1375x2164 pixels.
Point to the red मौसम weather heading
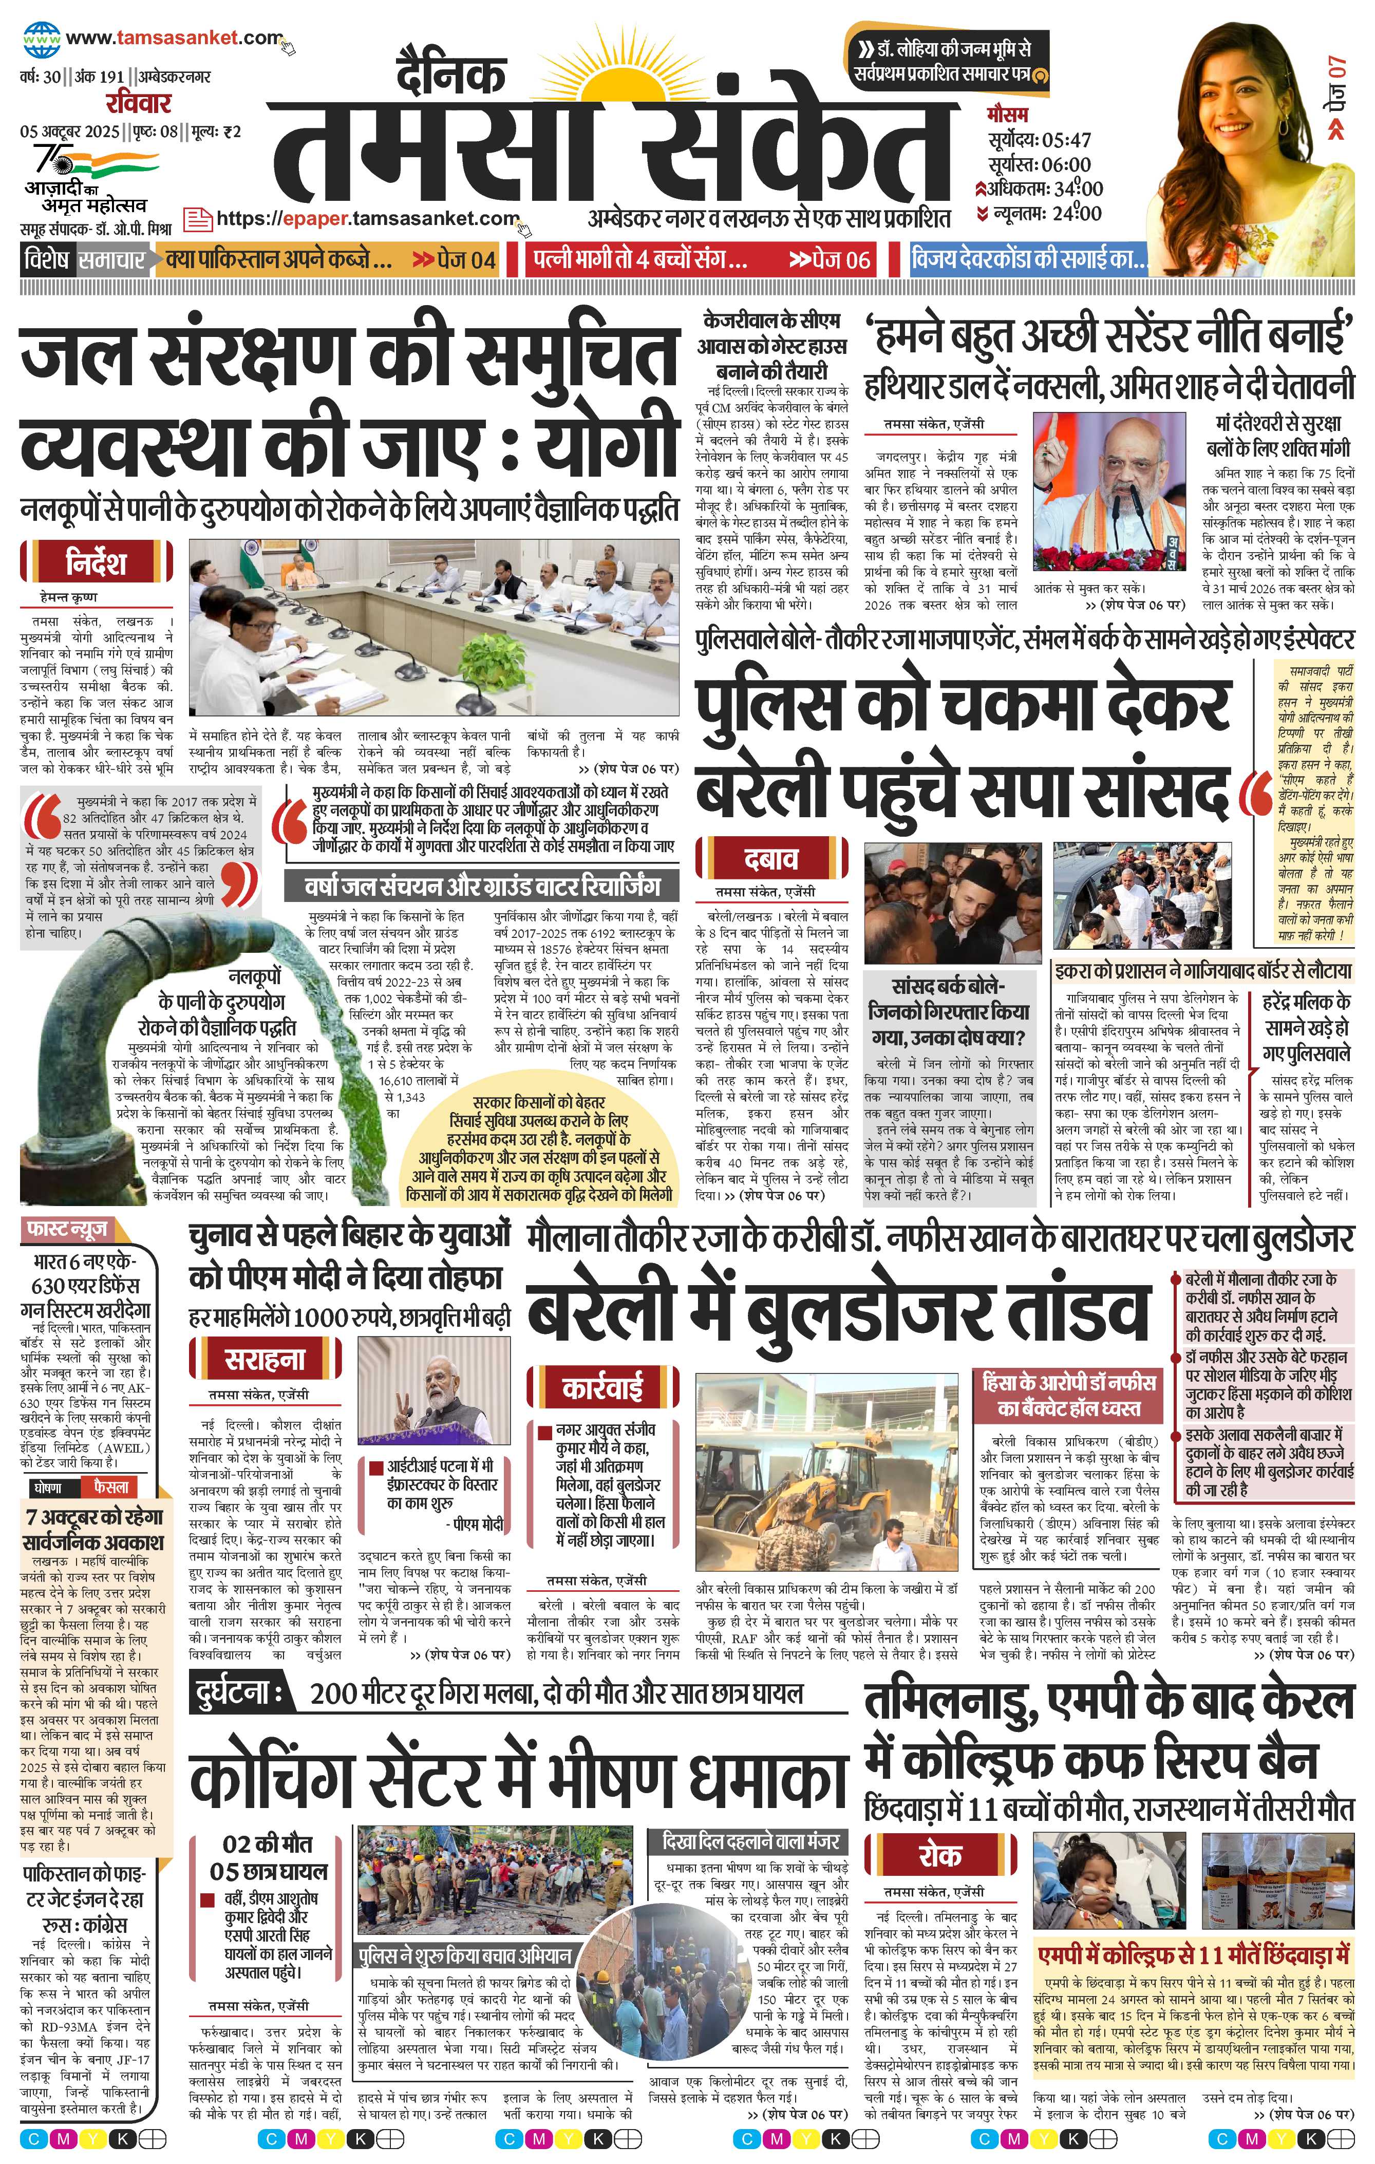1007,115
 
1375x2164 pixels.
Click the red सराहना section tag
264,1360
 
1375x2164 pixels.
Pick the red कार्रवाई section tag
602,1388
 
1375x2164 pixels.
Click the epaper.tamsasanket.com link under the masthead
368,218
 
